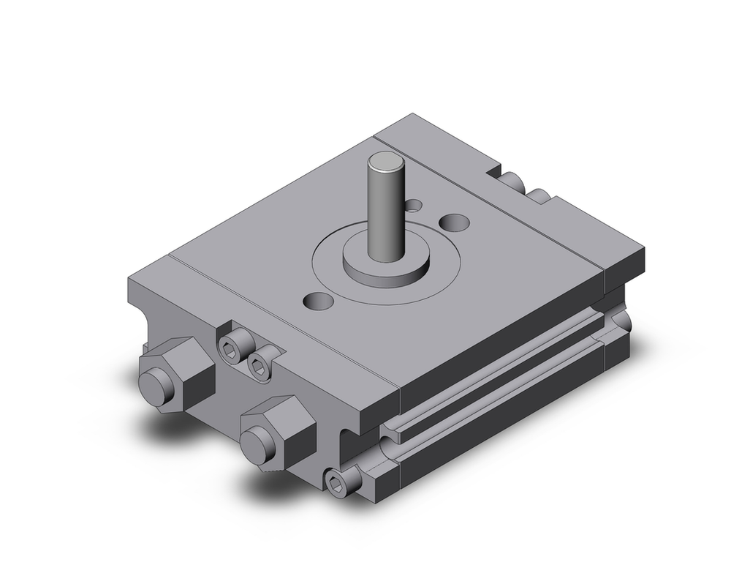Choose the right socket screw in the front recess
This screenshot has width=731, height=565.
[258, 367]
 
